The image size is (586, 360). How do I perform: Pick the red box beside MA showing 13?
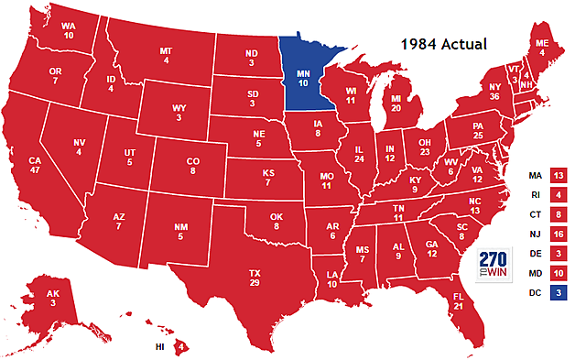click(x=559, y=174)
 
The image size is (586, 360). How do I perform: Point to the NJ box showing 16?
click(x=559, y=235)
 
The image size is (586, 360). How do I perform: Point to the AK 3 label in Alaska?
click(x=54, y=298)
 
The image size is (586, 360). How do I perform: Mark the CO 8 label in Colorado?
click(x=192, y=165)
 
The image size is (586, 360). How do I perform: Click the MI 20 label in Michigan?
click(x=397, y=101)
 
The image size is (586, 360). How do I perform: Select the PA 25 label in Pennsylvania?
click(x=477, y=131)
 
